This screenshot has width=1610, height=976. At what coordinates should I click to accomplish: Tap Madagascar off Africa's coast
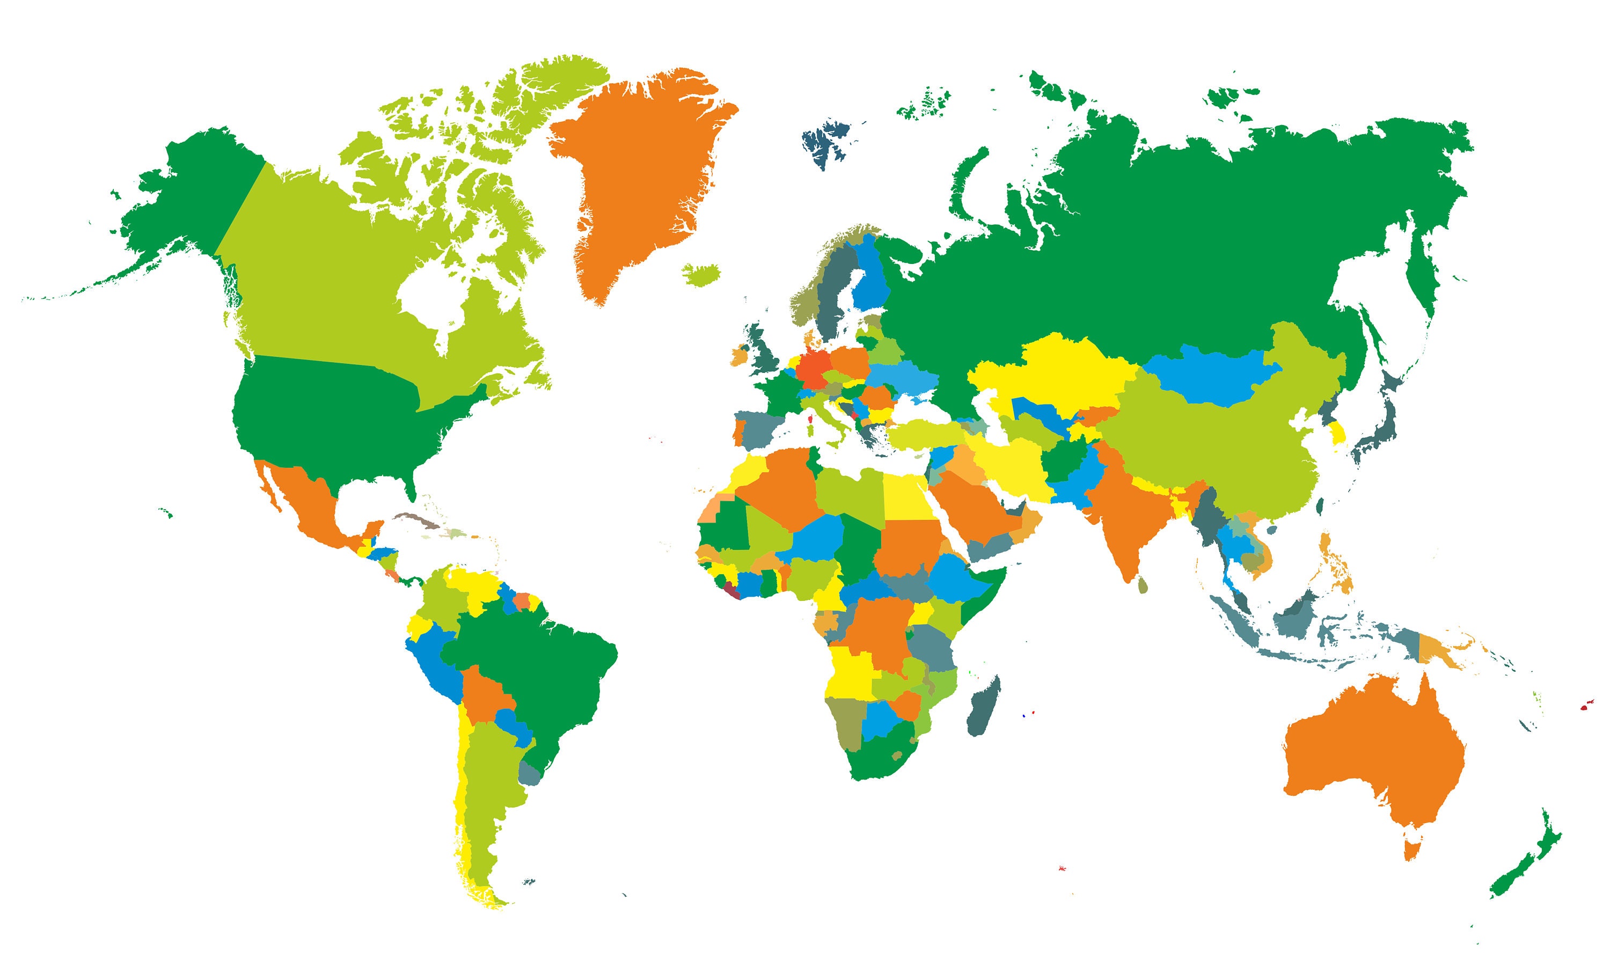tap(983, 709)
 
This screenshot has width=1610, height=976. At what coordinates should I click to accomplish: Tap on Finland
tap(870, 281)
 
